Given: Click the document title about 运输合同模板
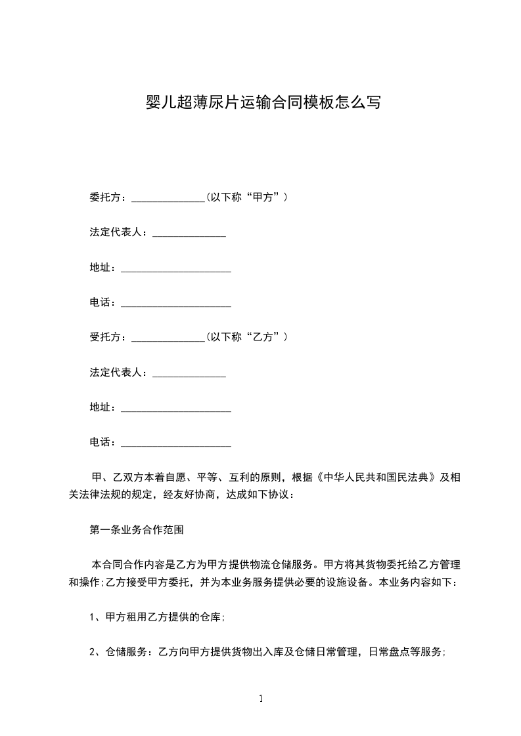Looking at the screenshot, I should coord(262,103).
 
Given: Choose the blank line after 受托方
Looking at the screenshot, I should coord(169,340).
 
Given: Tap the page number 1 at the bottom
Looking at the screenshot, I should coord(261,699).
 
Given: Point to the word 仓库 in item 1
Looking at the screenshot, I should coord(210,617).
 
